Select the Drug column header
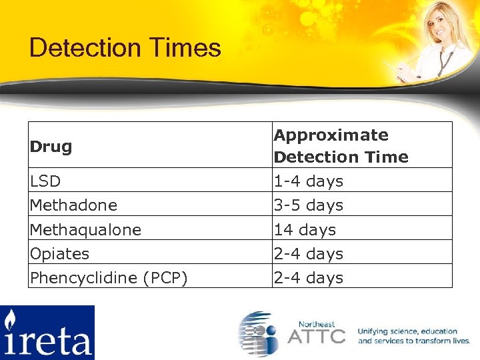coord(51,146)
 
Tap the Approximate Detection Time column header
coord(341,145)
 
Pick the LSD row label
coord(45,181)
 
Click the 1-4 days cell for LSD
coord(308,181)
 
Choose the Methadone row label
coord(73,205)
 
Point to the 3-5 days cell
coord(308,205)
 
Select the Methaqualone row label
coord(85,229)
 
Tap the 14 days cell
coord(305,229)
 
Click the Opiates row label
coord(59,253)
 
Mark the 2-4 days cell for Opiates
coord(308,253)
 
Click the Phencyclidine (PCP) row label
coord(108,277)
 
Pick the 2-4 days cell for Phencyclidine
coord(308,277)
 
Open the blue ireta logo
coord(47,333)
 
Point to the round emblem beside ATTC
coord(259,333)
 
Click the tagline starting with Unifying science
coord(413,336)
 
